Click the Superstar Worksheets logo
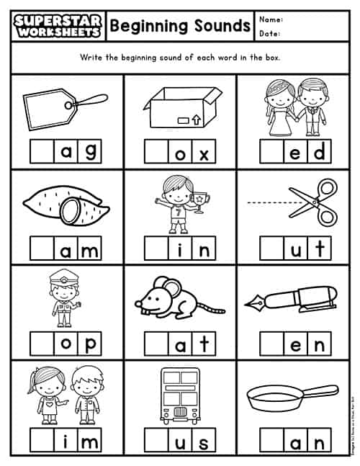tap(57, 26)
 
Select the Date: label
tap(270, 33)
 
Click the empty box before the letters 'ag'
tap(42, 152)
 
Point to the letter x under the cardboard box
tap(203, 152)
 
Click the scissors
tap(316, 201)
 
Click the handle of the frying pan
tap(323, 395)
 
